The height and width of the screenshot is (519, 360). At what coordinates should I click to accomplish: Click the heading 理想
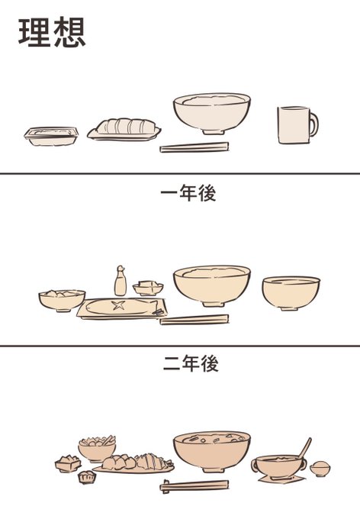click(52, 32)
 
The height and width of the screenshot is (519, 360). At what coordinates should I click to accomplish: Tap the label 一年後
click(188, 193)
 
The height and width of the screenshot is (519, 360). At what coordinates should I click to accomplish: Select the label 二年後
click(191, 363)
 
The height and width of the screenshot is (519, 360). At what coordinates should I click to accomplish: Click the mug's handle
click(313, 124)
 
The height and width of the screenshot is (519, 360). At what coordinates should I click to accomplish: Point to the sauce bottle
click(120, 281)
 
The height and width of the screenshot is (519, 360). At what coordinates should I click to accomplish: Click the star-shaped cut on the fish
click(118, 305)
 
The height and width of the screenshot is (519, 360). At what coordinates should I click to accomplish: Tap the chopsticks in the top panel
click(194, 147)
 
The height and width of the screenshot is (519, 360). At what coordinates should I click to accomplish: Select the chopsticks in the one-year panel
click(194, 319)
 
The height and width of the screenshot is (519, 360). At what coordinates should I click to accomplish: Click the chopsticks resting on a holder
click(194, 485)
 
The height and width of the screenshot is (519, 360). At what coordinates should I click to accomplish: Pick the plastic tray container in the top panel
click(51, 136)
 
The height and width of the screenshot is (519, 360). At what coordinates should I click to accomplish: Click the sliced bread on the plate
click(126, 126)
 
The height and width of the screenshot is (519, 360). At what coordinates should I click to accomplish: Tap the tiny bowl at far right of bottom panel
click(320, 469)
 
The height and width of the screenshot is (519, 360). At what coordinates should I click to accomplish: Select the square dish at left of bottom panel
click(68, 463)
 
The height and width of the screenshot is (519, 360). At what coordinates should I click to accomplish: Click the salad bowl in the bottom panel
click(97, 449)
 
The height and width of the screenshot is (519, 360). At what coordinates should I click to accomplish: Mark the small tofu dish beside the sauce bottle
click(148, 288)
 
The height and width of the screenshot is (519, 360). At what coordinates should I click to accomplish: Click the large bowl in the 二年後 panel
click(212, 452)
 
